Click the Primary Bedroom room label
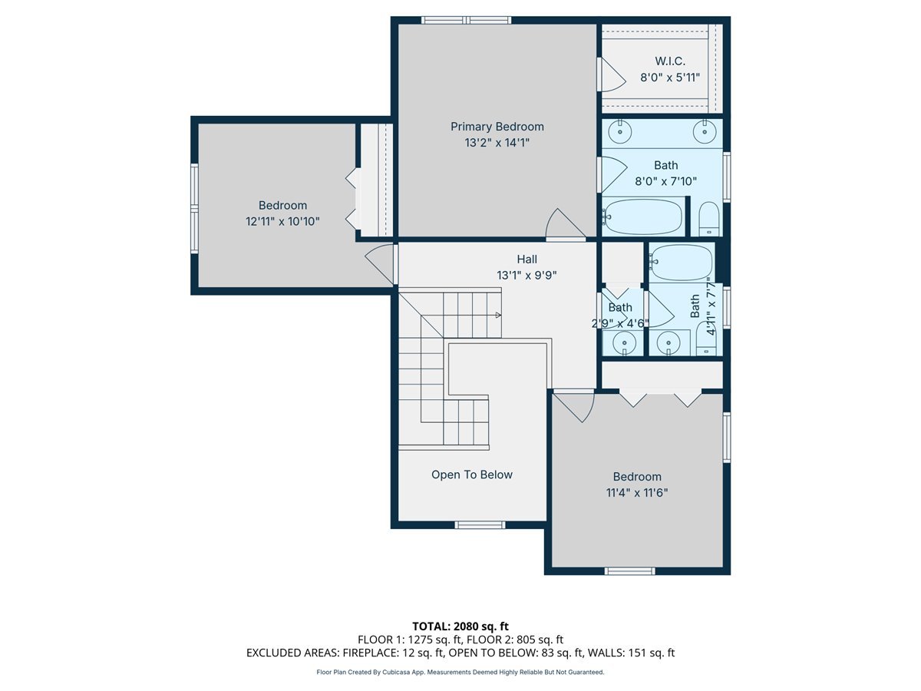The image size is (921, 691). (497, 127)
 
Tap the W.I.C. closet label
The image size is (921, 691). (669, 61)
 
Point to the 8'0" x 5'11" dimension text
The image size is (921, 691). (669, 77)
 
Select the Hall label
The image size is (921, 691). (527, 259)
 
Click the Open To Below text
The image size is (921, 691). (471, 474)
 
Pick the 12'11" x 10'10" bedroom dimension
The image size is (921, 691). (282, 221)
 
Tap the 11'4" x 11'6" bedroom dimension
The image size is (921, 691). (636, 493)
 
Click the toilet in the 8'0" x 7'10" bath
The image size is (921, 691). (708, 220)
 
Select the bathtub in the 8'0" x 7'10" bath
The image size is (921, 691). (643, 217)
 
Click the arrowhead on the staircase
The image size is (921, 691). (498, 315)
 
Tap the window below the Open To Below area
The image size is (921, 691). (480, 525)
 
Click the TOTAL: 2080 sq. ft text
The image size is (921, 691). (460, 626)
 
